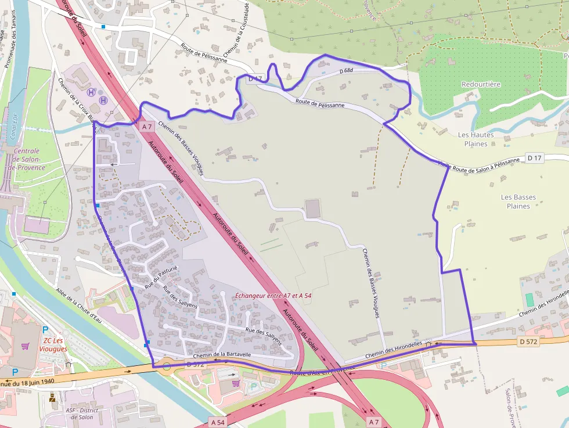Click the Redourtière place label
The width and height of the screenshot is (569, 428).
pyautogui.click(x=481, y=84)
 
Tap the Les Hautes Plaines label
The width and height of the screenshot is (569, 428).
pyautogui.click(x=476, y=139)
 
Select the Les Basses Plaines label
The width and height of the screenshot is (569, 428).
pyautogui.click(x=518, y=202)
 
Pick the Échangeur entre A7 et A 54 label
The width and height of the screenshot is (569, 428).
pyautogui.click(x=273, y=296)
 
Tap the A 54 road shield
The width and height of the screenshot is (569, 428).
pyautogui.click(x=218, y=422)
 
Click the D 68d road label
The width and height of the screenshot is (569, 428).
pyautogui.click(x=346, y=71)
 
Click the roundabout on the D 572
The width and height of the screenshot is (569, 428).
pyautogui.click(x=167, y=366)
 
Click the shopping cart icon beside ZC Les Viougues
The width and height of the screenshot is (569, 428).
pyautogui.click(x=25, y=346)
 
